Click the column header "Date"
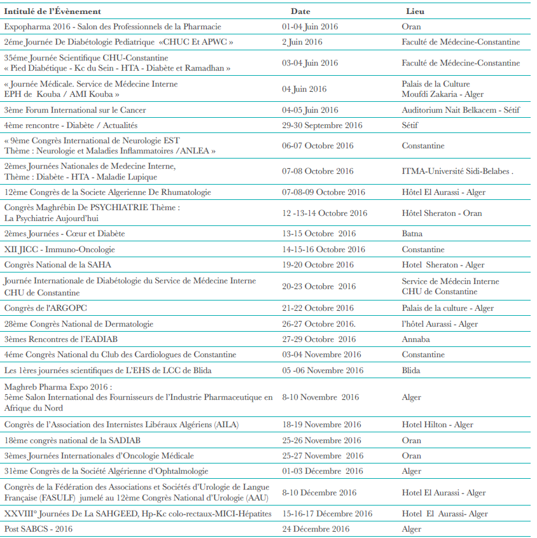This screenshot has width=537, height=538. (300, 11)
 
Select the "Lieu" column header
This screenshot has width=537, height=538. (415, 11)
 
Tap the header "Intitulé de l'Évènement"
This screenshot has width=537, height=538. (52, 11)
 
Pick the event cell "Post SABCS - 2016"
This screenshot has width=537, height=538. (38, 529)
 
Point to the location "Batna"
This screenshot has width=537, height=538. (412, 234)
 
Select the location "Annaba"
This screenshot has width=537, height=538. (416, 339)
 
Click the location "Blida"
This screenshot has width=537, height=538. (412, 371)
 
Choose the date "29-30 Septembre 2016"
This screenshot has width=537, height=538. (322, 125)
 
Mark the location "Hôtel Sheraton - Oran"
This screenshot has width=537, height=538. (442, 213)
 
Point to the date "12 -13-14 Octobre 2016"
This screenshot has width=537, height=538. (324, 213)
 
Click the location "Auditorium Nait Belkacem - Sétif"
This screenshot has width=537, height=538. (461, 110)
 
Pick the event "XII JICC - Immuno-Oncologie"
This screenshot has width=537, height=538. (60, 250)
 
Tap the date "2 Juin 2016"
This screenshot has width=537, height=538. (302, 42)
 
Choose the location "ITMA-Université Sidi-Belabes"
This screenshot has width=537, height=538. (457, 171)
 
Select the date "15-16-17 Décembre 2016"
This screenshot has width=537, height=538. (327, 514)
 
